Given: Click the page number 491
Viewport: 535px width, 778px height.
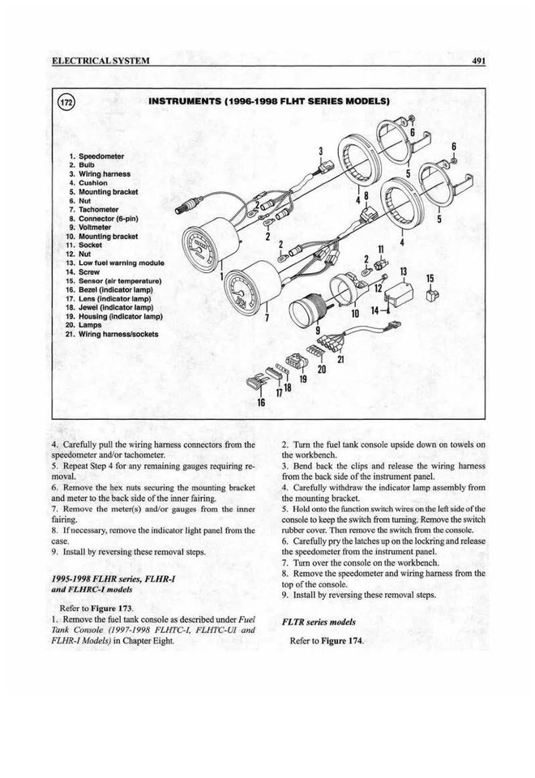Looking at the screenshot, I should click(x=476, y=62).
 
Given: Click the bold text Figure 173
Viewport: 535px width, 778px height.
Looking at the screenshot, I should click(x=113, y=608).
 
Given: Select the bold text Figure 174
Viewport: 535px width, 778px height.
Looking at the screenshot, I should click(x=342, y=640).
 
